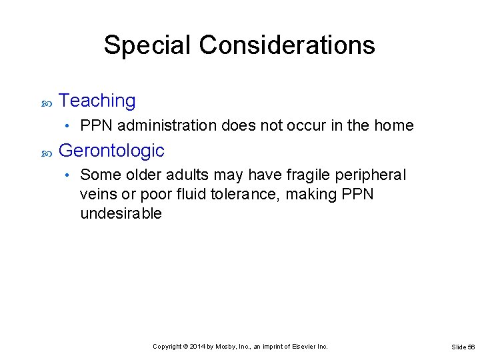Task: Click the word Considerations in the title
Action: tap(287, 45)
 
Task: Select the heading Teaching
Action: tap(97, 101)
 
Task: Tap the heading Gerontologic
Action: tap(111, 151)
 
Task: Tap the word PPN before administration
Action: tap(97, 125)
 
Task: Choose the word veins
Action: tap(97, 194)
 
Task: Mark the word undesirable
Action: tap(121, 213)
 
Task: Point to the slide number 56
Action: tap(471, 347)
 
